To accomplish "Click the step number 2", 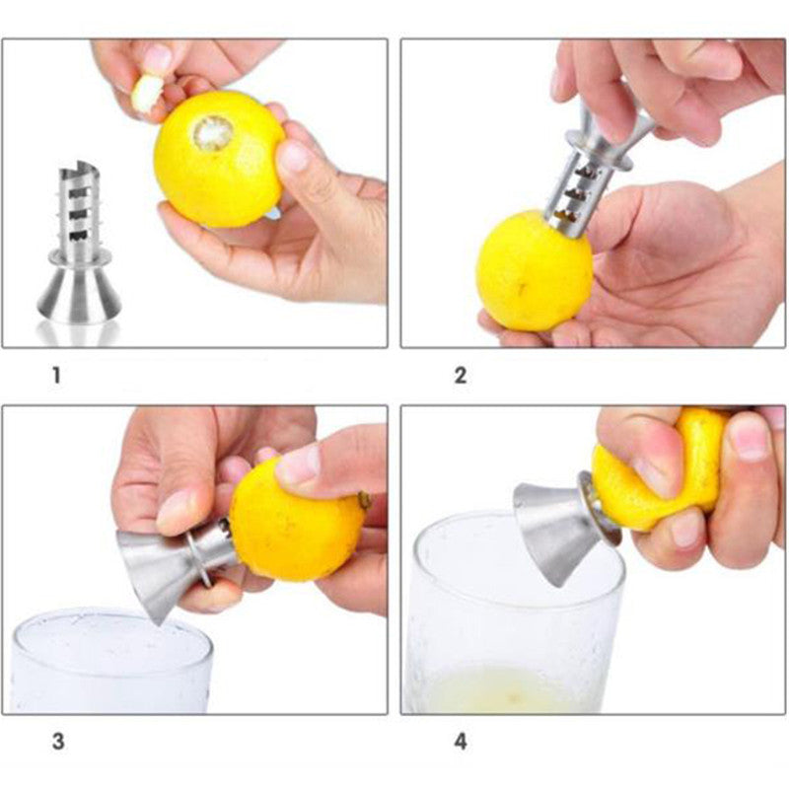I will (x=460, y=376).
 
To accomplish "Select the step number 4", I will (x=460, y=740).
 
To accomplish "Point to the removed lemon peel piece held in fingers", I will (x=147, y=91).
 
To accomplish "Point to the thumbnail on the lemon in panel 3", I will (x=299, y=464).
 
